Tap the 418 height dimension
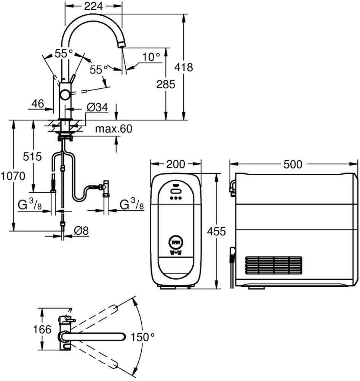pos(184,67)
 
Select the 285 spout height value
pos(166,84)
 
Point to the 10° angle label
pos(151,57)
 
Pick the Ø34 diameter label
pos(97,108)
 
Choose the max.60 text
pos(114,129)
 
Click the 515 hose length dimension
pos(32,157)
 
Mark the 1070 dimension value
pos(13,176)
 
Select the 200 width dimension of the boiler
pos(175,164)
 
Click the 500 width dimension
pos(293,164)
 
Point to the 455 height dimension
pos(217,231)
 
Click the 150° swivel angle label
pos(143,337)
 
